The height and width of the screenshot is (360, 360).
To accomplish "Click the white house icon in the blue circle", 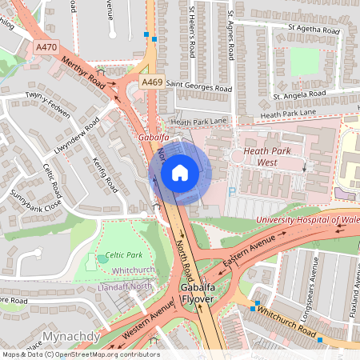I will click(179, 172).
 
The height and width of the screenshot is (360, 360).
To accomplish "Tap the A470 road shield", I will click(47, 48).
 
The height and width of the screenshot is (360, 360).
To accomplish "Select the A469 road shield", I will click(152, 82).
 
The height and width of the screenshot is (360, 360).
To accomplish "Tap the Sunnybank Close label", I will click(24, 209).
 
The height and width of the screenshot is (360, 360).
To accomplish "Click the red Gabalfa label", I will click(153, 138).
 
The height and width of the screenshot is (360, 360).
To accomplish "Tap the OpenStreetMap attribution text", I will click(81, 354).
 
